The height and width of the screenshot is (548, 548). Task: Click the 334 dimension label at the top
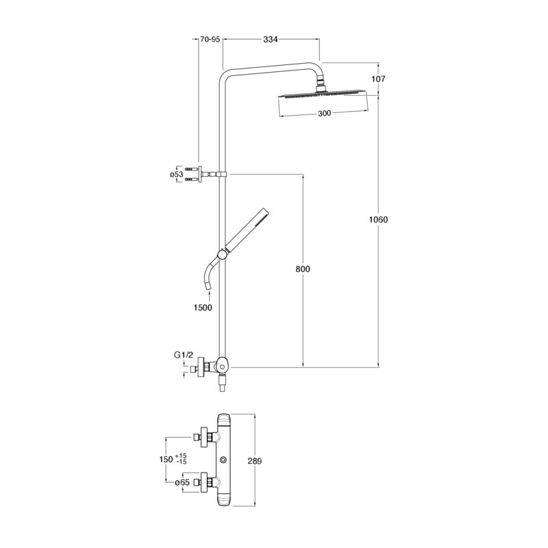270,40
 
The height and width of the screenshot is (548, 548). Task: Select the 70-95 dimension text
210,40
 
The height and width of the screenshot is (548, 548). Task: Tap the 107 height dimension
378,79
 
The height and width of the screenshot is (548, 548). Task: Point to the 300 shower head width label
324,113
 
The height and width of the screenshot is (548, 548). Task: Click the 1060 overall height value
378,219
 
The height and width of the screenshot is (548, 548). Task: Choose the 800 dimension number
303,269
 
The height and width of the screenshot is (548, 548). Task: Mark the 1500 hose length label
203,308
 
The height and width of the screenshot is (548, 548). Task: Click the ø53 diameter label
177,175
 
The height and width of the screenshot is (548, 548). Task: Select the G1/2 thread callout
184,355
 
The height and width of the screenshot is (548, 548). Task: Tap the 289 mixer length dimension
254,461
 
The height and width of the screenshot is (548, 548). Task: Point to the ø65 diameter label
182,483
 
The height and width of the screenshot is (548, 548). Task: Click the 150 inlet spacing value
166,459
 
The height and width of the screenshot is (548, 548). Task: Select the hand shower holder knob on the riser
221,254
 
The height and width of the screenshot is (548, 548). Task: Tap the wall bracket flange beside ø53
200,174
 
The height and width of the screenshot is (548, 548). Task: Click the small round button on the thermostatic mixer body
223,459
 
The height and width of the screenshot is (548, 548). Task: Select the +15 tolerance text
181,456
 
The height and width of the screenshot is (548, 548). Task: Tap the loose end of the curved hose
208,288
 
